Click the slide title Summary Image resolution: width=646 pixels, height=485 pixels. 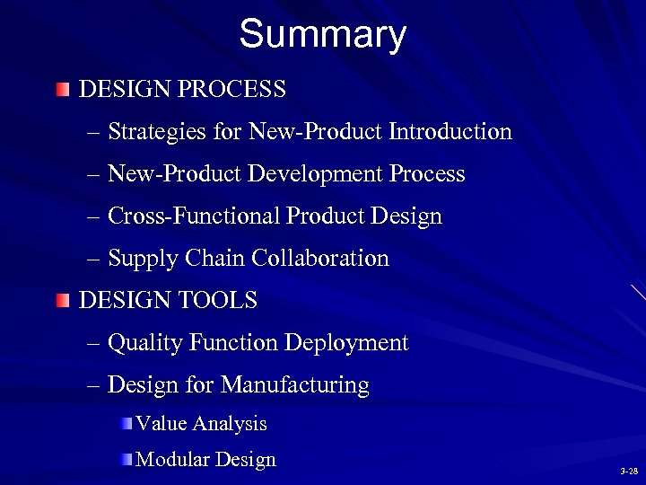pos(322,35)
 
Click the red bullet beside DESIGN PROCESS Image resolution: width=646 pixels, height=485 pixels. pos(61,91)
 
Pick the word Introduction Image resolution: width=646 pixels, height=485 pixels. pos(450,133)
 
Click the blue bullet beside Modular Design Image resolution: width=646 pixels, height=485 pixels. pos(127,461)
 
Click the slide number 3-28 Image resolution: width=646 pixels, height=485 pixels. pos(628,472)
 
